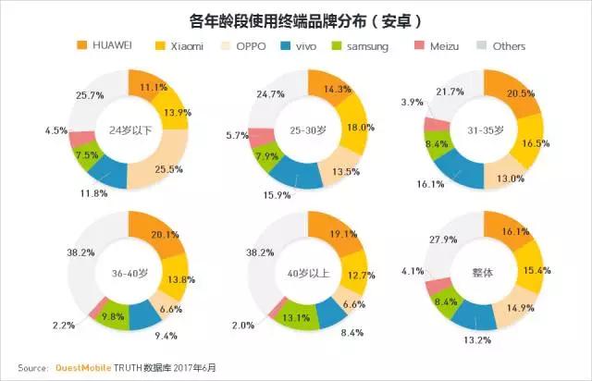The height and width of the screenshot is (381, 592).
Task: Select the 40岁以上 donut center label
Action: [304, 274]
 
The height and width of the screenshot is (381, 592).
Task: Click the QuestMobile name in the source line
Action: [91, 366]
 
